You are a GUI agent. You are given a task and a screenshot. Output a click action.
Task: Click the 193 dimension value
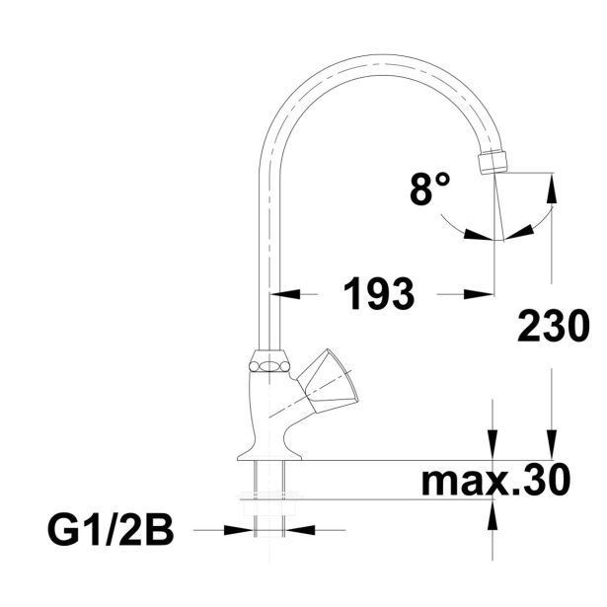click(x=379, y=293)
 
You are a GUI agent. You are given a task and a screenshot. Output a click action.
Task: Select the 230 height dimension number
click(x=554, y=326)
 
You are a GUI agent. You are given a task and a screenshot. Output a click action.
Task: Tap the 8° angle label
click(x=429, y=189)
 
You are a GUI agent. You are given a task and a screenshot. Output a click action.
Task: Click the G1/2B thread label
click(x=111, y=530)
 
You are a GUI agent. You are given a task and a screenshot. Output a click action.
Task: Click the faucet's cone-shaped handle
click(x=328, y=382)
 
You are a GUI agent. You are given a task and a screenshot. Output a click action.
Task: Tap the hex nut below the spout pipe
click(x=269, y=362)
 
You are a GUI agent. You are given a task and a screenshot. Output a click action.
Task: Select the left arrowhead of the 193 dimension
click(x=285, y=294)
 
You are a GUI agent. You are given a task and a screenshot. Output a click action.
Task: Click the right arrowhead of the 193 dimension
click(x=479, y=294)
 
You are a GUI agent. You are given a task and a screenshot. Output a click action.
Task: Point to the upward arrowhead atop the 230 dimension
click(x=552, y=189)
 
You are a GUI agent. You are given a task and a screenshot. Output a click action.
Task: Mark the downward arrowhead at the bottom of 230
click(x=552, y=445)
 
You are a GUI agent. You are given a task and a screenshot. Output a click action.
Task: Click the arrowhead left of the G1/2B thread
click(x=239, y=530)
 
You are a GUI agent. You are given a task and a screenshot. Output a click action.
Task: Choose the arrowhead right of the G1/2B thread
click(x=300, y=530)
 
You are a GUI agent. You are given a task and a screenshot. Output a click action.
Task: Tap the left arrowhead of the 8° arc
click(x=479, y=235)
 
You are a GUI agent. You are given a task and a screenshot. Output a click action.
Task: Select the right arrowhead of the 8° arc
click(x=519, y=232)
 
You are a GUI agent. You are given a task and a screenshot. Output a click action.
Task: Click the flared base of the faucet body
click(x=269, y=451)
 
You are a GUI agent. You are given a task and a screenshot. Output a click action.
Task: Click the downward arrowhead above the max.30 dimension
click(x=493, y=445)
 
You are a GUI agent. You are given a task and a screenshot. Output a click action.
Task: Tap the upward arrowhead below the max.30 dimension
click(x=493, y=515)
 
